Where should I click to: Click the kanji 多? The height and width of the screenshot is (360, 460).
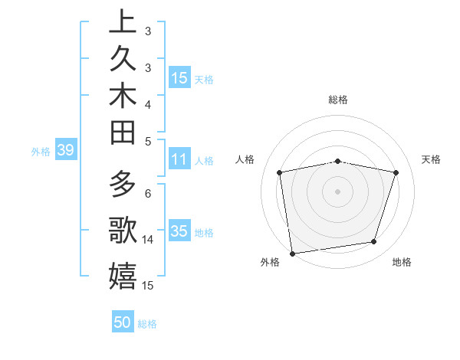click(123, 186)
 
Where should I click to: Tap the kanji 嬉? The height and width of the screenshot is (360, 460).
click(123, 276)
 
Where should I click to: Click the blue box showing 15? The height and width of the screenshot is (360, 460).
click(179, 78)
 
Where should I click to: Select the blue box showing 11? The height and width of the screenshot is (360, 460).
click(179, 160)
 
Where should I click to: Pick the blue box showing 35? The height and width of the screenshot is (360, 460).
click(179, 232)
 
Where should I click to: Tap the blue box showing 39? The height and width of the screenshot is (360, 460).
click(65, 151)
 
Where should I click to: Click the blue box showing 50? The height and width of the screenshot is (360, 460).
click(123, 322)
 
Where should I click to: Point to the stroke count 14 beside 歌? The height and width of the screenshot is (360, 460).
click(148, 240)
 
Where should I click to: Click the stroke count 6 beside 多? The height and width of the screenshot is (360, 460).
click(148, 193)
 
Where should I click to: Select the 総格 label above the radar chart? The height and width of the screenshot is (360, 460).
click(337, 100)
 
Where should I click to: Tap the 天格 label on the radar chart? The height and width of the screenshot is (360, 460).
click(432, 159)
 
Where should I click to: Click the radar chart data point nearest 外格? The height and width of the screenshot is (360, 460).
click(292, 253)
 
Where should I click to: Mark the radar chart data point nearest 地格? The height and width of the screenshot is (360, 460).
click(374, 242)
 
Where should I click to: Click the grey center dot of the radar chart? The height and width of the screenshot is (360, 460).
click(337, 191)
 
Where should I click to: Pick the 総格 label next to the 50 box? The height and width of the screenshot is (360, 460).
click(147, 324)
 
